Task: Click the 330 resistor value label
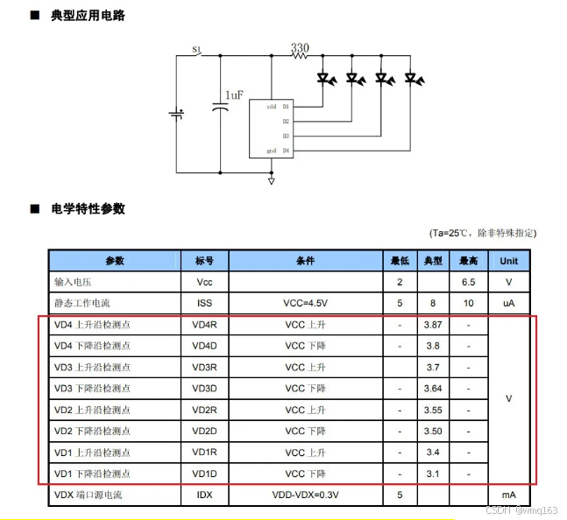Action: coord(300,47)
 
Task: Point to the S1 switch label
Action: coord(196,50)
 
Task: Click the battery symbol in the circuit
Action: coord(177,115)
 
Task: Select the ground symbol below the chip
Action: coord(271,180)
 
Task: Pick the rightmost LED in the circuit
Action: coord(410,79)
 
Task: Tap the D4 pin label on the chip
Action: coord(286,151)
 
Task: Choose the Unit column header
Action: coord(509,261)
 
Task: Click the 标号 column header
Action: coord(204,261)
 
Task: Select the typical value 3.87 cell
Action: coord(432,325)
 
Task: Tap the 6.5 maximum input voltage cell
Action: coord(469,282)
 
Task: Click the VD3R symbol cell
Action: coord(204,367)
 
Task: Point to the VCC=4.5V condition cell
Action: coord(305,303)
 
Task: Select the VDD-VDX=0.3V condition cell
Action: coord(305,495)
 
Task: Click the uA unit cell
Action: coord(509,303)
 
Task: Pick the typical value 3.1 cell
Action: coord(432,474)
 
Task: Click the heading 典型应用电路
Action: coord(88,15)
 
